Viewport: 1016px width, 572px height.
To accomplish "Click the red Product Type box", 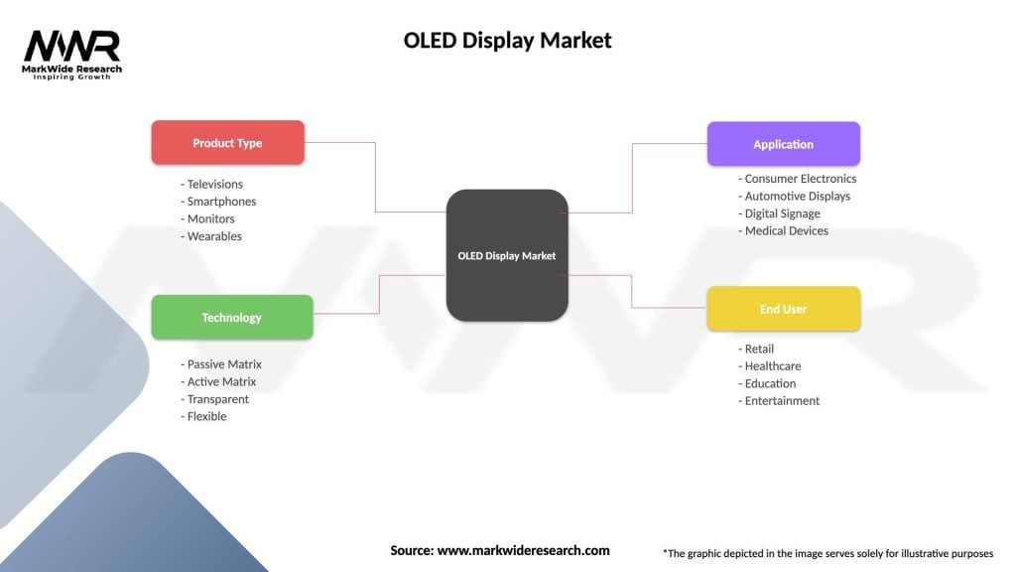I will click(227, 143).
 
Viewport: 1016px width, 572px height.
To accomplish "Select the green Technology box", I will click(231, 318).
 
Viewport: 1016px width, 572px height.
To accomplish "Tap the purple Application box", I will click(783, 144).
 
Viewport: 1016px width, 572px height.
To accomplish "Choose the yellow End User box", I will click(783, 309).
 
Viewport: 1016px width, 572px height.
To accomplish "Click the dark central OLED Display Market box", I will click(507, 255).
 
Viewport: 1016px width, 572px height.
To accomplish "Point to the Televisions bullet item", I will click(212, 184).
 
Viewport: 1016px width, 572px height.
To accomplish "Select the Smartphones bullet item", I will click(219, 202).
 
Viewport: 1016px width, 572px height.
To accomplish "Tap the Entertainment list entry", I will click(780, 401).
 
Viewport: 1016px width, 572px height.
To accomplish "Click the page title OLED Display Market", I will click(507, 41).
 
